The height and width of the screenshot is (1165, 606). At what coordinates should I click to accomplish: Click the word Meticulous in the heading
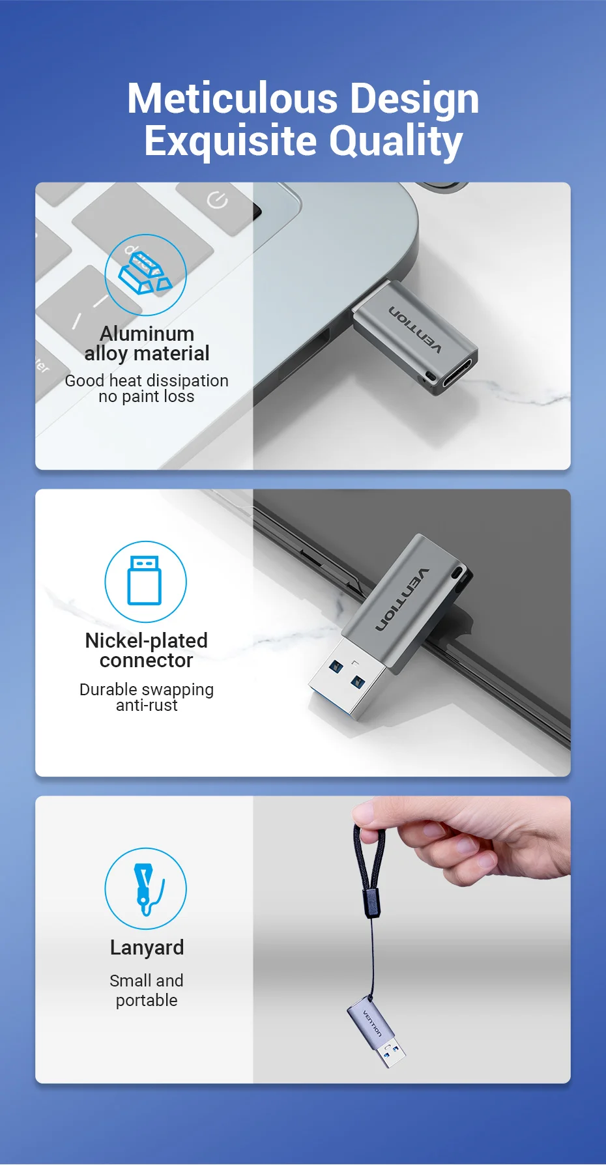[x=233, y=98]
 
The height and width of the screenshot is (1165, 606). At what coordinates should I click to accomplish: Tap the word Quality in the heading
[x=396, y=141]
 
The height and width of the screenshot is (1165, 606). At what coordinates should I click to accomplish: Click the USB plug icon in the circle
[x=145, y=581]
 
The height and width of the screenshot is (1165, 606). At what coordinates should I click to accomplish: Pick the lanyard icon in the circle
[x=145, y=888]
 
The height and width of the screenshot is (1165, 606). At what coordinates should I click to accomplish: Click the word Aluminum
[x=147, y=334]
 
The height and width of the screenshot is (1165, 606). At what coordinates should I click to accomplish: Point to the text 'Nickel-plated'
[x=147, y=640]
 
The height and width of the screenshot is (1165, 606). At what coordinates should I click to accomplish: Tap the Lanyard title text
[x=147, y=947]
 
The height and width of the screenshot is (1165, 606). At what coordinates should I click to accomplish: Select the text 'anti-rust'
[x=147, y=706]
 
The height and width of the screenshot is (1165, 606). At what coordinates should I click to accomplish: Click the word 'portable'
[x=147, y=1000]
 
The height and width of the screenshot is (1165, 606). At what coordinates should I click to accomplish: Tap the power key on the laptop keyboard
[x=217, y=201]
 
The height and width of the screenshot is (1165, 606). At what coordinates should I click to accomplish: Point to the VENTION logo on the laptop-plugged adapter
[x=415, y=330]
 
